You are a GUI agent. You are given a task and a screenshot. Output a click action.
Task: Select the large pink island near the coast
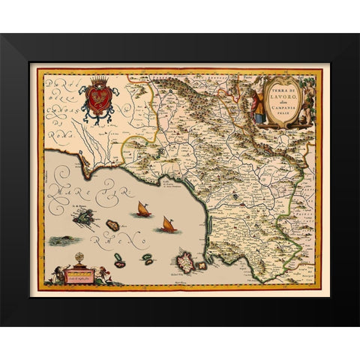tap(184, 262)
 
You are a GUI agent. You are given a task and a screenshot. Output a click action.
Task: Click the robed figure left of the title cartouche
tap(256, 105)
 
